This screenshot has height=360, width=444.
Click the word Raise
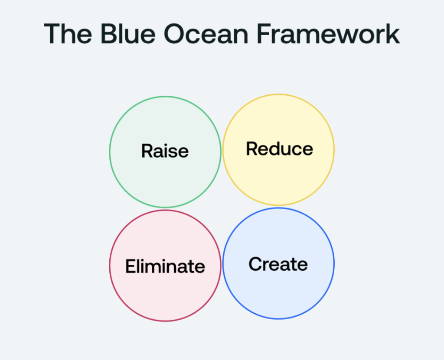click(x=165, y=151)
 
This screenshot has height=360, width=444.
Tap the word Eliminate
click(x=165, y=266)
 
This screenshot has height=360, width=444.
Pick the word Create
click(x=278, y=264)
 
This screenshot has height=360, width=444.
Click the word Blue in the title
click(x=128, y=34)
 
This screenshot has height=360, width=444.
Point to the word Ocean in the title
click(x=206, y=34)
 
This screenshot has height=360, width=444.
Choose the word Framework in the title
click(x=329, y=34)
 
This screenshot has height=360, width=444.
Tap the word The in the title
click(x=68, y=34)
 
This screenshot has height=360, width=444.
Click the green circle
click(x=110, y=152)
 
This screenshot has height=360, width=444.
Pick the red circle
click(x=110, y=266)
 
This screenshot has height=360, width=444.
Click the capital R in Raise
click(x=147, y=151)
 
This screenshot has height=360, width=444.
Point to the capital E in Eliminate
click(x=131, y=266)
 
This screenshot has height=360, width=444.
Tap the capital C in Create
click(x=255, y=264)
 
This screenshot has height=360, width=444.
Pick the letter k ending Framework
click(x=392, y=34)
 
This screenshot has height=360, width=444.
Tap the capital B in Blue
click(x=109, y=34)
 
